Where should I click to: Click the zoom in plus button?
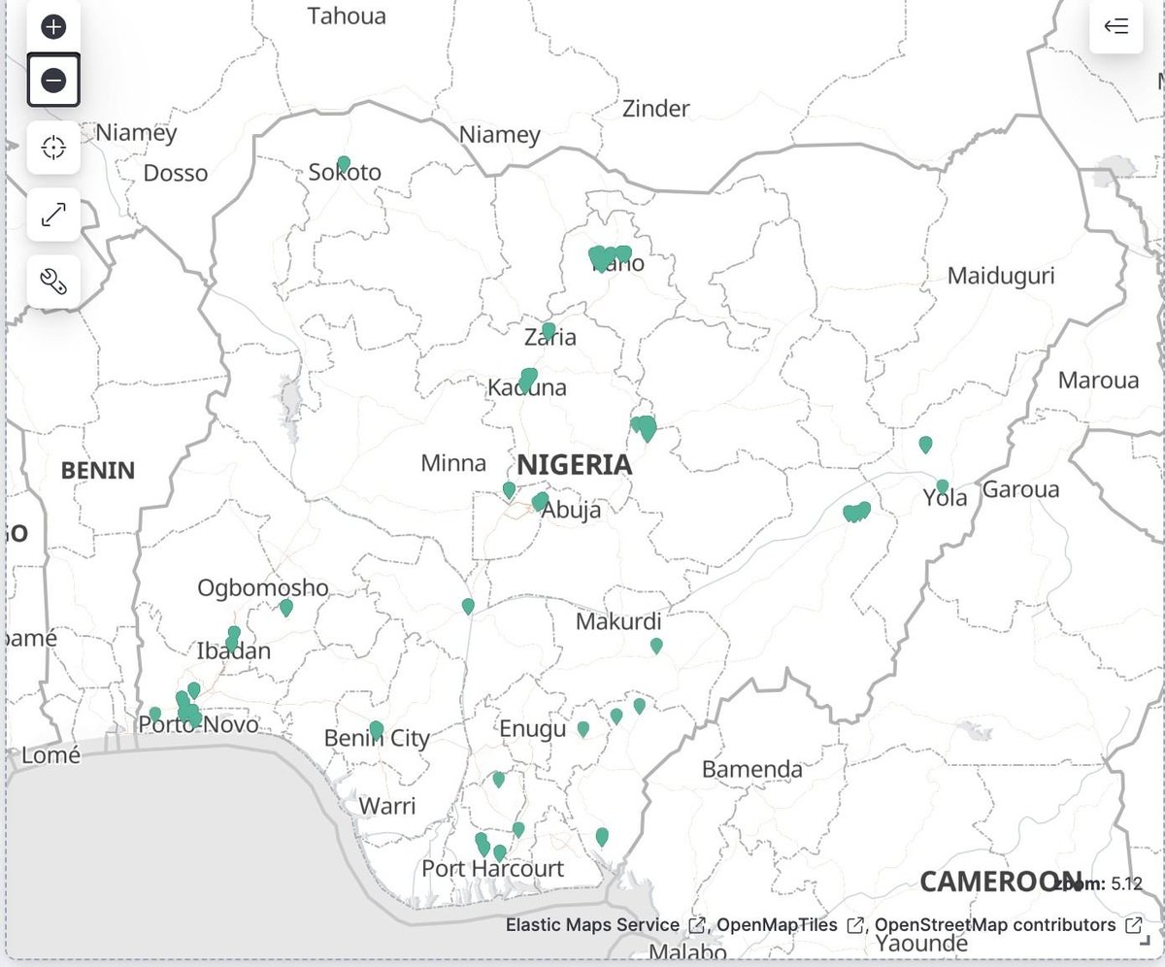pos(53,26)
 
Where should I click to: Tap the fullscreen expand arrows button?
pos(53,215)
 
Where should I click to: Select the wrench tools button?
pos(53,282)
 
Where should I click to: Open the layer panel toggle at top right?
pos(1115,26)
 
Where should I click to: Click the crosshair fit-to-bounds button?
pos(53,148)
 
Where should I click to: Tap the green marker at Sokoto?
pos(343,163)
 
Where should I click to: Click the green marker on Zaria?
pos(549,330)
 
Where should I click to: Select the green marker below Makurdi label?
pos(656,645)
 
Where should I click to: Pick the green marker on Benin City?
pos(377,729)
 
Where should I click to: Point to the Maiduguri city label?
pos(1000,276)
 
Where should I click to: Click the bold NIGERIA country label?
pos(574,465)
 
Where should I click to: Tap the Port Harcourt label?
pos(492,868)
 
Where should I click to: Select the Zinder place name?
pos(655,109)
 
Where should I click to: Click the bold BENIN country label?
pos(98,471)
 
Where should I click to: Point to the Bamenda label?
pos(751,770)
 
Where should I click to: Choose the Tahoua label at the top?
pos(347,17)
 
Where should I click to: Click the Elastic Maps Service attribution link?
pos(592,925)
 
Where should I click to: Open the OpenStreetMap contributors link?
pos(995,925)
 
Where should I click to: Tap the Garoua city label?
pos(1020,490)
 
